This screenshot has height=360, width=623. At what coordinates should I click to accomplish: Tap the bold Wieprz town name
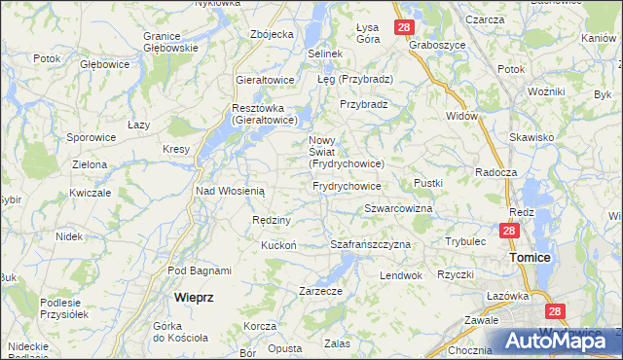coord(193,295)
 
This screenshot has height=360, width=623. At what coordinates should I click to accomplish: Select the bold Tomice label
coord(531,257)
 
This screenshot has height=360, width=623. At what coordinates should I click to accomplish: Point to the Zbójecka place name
coord(272,34)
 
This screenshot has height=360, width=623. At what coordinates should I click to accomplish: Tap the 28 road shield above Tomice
coord(509,231)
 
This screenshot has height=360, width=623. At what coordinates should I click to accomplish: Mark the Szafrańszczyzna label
coord(371,244)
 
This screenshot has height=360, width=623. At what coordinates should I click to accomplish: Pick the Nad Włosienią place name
coord(231,192)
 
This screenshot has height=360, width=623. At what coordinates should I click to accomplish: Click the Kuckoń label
coord(278,245)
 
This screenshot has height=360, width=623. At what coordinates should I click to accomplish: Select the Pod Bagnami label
coord(200,270)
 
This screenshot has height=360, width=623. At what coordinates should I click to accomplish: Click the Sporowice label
coord(92,138)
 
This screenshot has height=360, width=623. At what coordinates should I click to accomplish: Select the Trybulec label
coord(465,240)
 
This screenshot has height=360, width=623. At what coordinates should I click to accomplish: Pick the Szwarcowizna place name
coord(398,209)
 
